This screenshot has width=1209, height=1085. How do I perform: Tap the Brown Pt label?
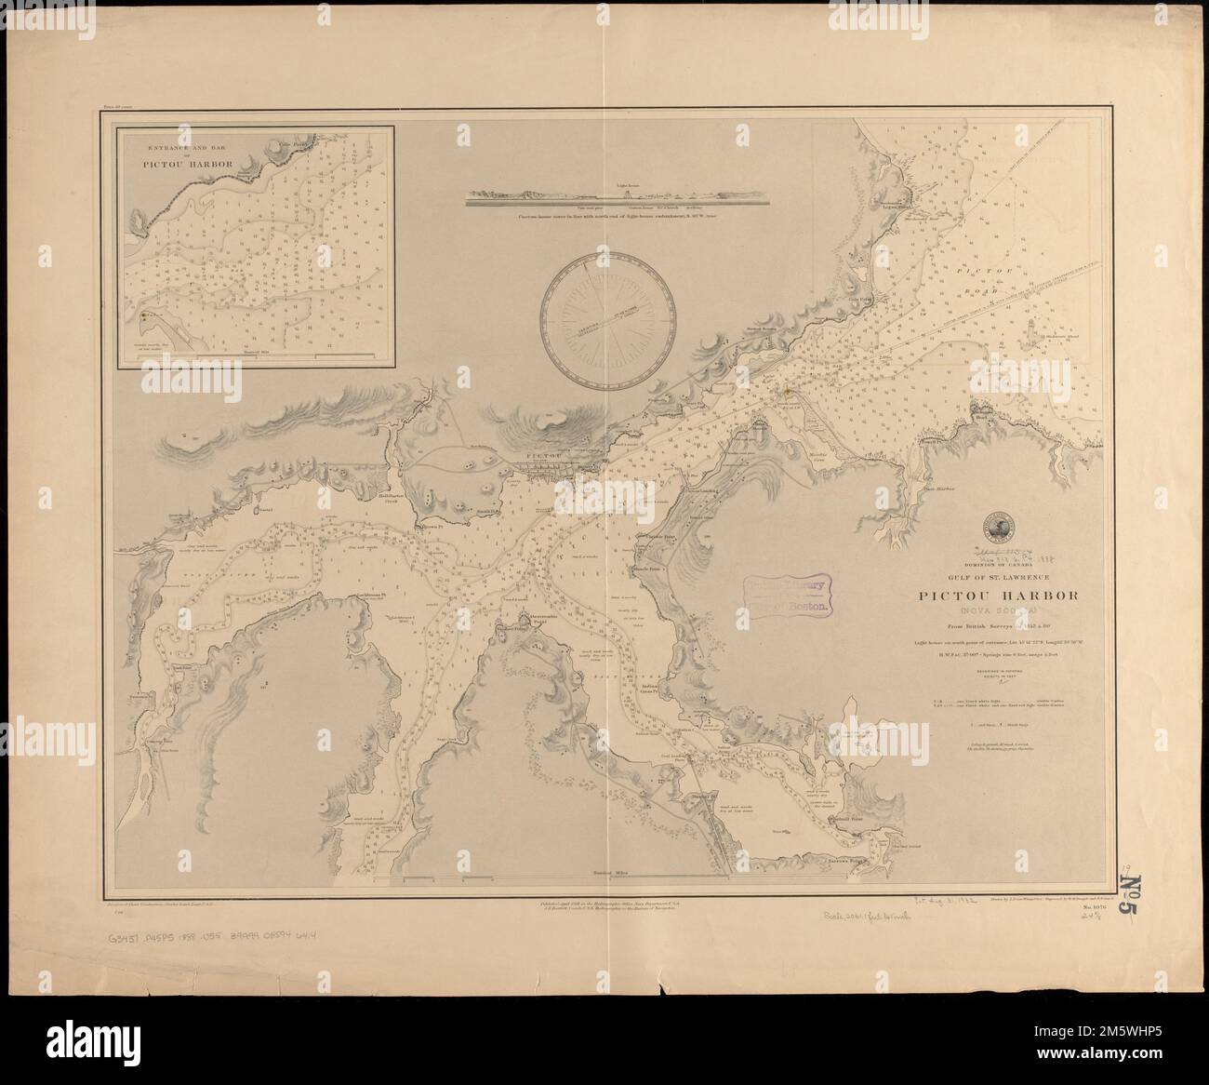[428, 528]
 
